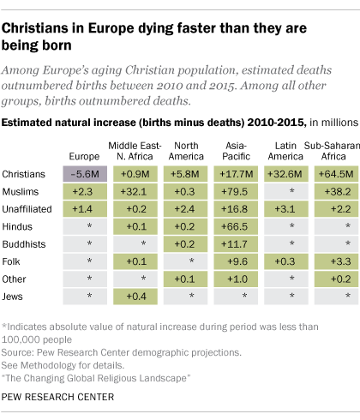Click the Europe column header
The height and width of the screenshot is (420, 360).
pyautogui.click(x=89, y=157)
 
